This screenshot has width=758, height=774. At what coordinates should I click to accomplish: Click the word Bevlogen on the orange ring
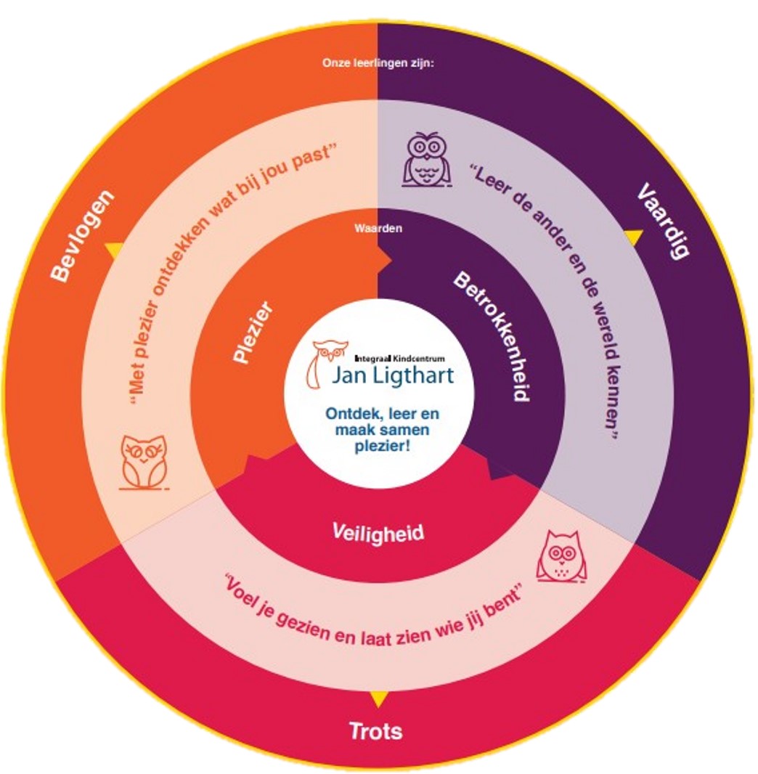(x=83, y=236)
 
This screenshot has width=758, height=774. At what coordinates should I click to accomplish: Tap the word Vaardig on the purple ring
(x=663, y=221)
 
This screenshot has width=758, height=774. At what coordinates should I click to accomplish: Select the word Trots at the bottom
(x=376, y=731)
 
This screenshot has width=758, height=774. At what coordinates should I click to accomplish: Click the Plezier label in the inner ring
(x=253, y=333)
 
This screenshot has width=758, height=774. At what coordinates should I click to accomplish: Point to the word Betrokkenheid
(x=492, y=336)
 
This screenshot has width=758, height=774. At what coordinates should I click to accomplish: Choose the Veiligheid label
(x=378, y=533)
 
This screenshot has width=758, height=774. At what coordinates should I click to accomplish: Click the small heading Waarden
(x=378, y=229)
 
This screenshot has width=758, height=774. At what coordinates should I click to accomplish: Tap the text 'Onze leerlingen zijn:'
(x=378, y=63)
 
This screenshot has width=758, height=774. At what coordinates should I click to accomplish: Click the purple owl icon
(x=426, y=159)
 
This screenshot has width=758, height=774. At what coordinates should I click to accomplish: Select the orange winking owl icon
(x=144, y=463)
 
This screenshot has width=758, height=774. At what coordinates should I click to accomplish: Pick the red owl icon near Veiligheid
(x=562, y=556)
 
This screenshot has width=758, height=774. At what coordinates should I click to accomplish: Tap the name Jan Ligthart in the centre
(x=393, y=375)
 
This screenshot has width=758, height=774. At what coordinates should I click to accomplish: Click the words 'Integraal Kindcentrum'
(x=400, y=359)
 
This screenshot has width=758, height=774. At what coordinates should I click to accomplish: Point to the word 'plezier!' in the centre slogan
(x=383, y=447)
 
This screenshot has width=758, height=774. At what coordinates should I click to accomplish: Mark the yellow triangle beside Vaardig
(x=634, y=237)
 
